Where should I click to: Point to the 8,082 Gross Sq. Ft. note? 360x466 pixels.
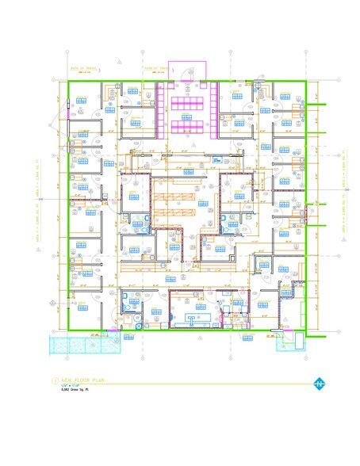point(71,392)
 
